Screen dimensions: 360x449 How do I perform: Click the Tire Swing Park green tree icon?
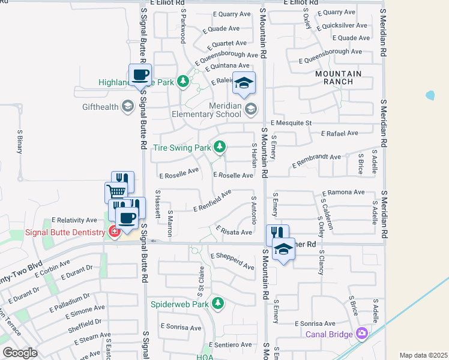(x=220, y=146)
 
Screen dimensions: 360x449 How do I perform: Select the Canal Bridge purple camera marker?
(x=361, y=333)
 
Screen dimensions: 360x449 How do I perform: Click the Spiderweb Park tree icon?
(x=220, y=303)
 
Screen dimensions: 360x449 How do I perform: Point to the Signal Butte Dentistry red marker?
(x=114, y=232)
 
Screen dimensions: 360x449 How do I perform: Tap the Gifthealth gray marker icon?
(x=127, y=107)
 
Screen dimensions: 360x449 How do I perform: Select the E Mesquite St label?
(x=292, y=122)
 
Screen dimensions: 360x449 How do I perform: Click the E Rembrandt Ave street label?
(x=316, y=160)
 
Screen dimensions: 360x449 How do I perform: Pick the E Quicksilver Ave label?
(x=345, y=25)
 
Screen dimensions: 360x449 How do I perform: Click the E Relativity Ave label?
(x=74, y=220)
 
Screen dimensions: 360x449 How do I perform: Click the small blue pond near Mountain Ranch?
(x=430, y=95)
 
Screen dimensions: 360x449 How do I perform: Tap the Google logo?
(x=19, y=353)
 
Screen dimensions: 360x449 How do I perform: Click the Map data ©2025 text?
(x=423, y=355)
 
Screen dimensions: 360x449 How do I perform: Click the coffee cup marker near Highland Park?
(x=140, y=75)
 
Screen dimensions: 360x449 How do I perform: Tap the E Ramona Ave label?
(x=343, y=193)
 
